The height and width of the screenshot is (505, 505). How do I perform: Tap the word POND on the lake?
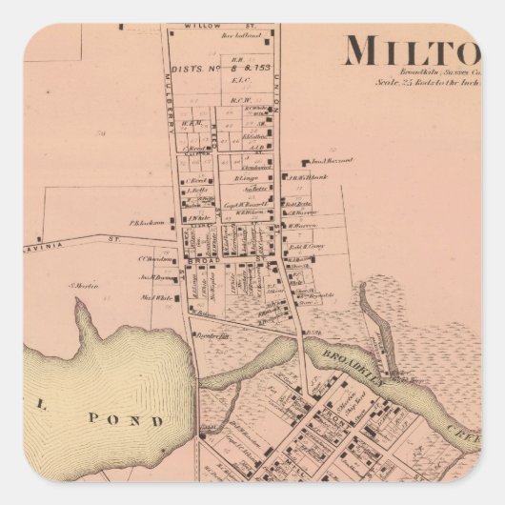point(139,419)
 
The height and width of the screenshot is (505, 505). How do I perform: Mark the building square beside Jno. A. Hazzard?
point(304,164)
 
